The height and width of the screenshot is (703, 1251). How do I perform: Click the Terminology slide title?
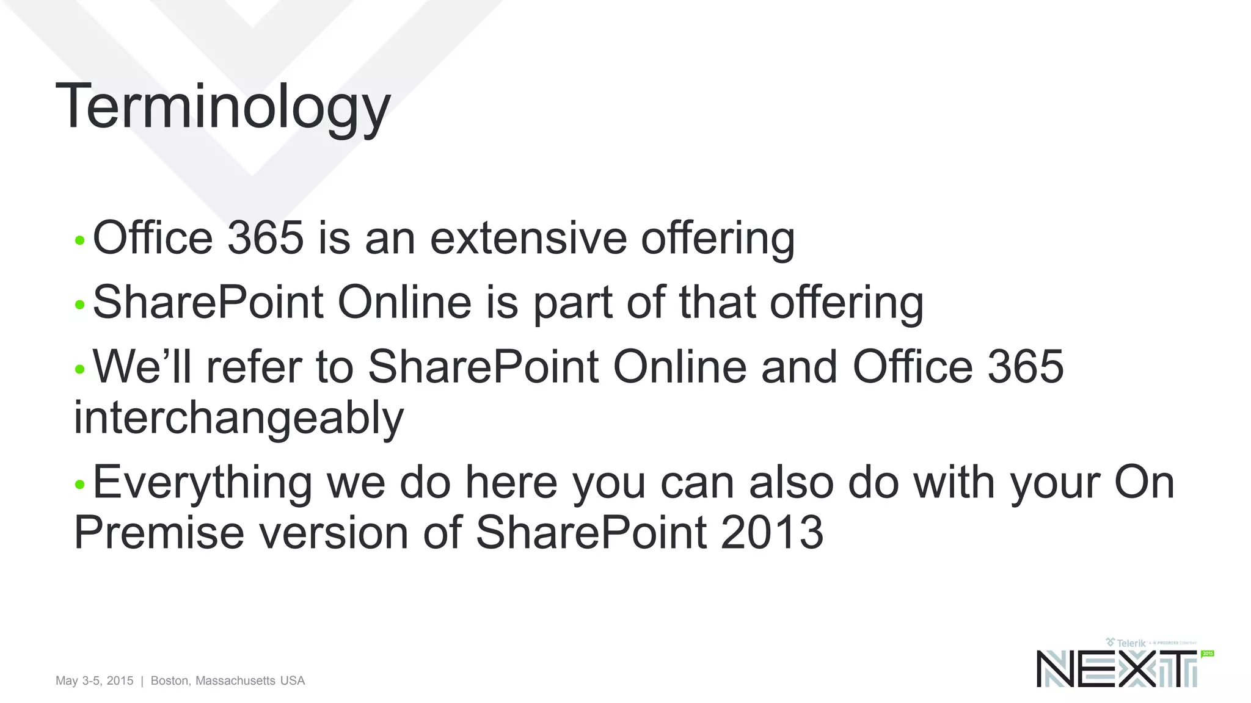pyautogui.click(x=223, y=107)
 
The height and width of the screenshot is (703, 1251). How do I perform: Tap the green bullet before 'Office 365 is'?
pyautogui.click(x=79, y=240)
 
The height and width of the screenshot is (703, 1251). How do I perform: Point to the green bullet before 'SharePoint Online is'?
pyautogui.click(x=79, y=305)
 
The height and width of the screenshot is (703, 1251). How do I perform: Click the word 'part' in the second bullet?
pyautogui.click(x=572, y=303)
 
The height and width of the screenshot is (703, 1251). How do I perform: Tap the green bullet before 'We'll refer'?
pyautogui.click(x=79, y=369)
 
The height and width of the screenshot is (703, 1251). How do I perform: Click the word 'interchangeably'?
pyautogui.click(x=239, y=419)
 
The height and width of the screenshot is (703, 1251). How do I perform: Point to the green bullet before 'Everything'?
pyautogui.click(x=79, y=485)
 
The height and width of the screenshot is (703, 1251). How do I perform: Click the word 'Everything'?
pyautogui.click(x=202, y=483)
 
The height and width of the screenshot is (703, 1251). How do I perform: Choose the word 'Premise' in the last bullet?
pyautogui.click(x=159, y=533)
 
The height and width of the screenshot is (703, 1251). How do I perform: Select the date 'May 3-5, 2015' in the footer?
pyautogui.click(x=94, y=680)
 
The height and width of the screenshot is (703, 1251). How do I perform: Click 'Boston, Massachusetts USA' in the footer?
pyautogui.click(x=228, y=680)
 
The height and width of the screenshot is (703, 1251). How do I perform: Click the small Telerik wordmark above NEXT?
pyautogui.click(x=1130, y=643)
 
